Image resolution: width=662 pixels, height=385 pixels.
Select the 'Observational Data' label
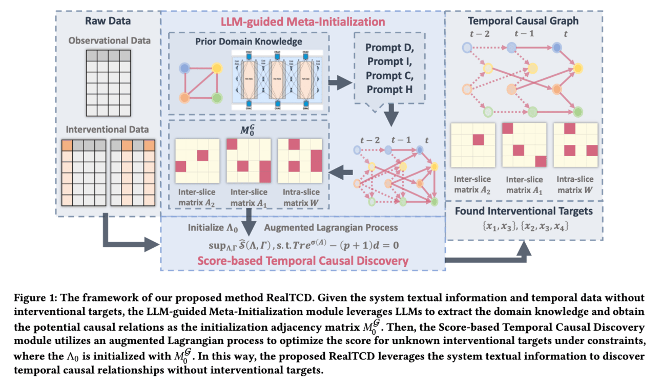(109, 40)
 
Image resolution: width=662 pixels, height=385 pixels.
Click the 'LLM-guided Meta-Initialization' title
(302, 22)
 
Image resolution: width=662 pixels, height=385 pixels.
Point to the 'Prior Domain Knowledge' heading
(249, 41)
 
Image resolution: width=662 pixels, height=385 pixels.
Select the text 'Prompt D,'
(389, 48)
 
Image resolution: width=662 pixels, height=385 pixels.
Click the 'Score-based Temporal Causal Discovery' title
(302, 261)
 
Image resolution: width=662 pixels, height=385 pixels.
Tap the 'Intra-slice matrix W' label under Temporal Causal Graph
(574, 185)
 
